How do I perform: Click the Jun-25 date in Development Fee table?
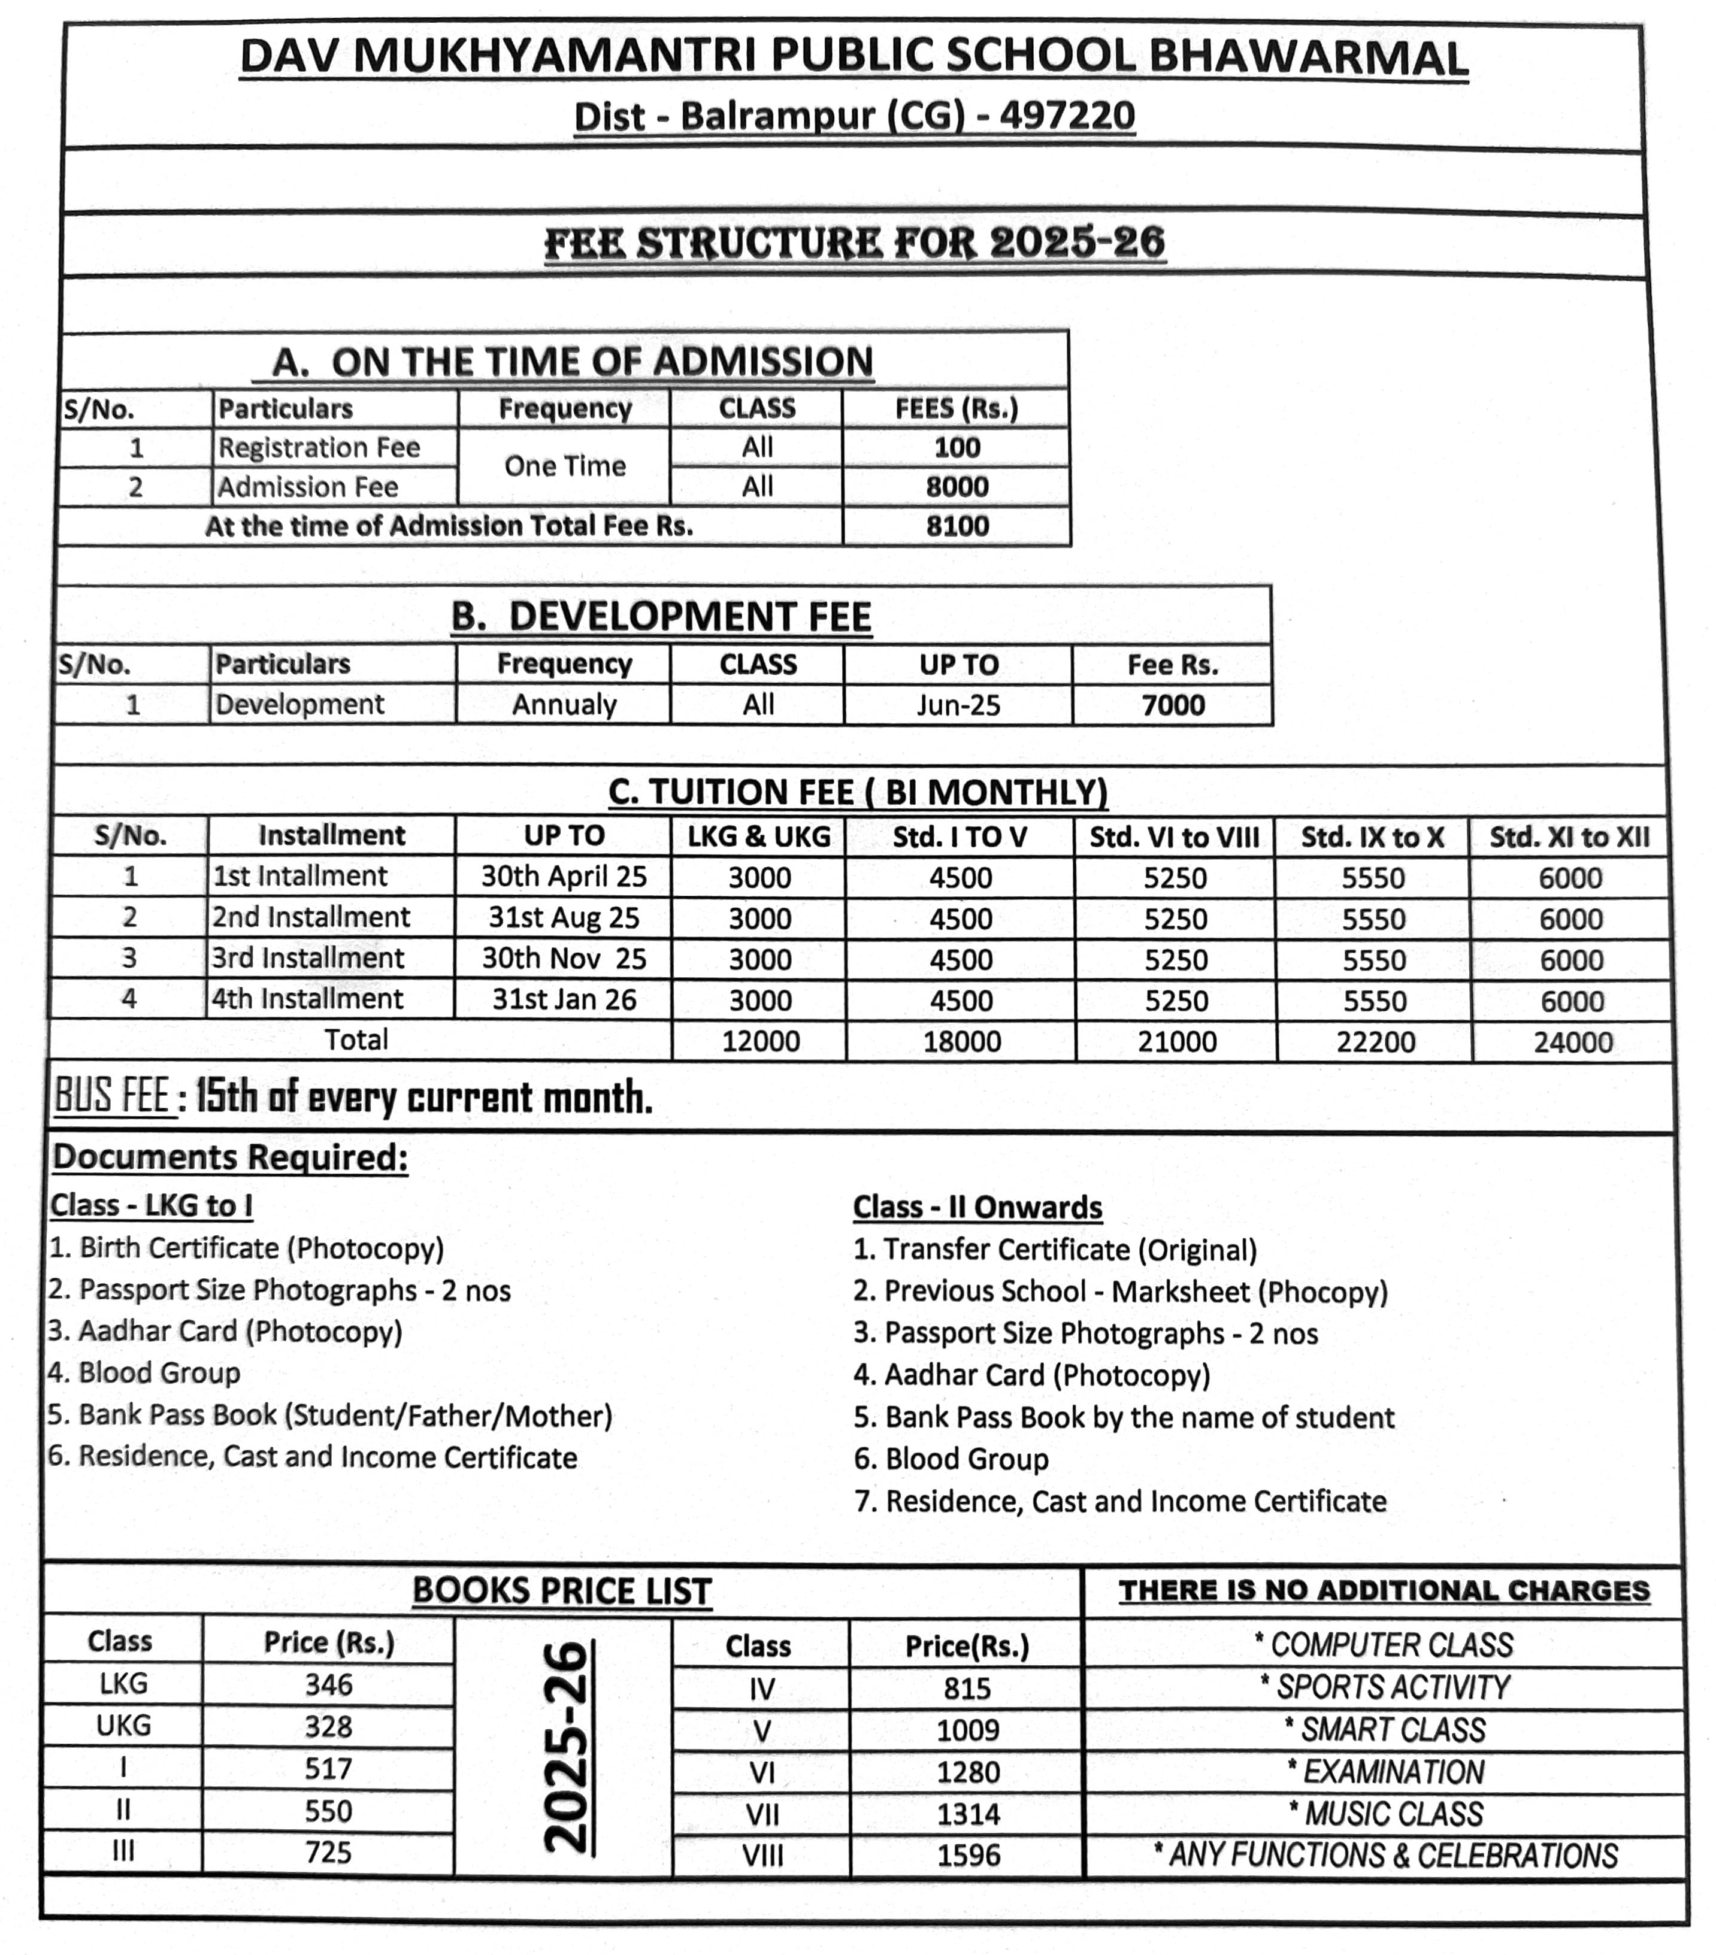click(x=958, y=705)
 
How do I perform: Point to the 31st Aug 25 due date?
click(x=564, y=917)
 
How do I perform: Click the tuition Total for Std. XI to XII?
click(x=1572, y=1042)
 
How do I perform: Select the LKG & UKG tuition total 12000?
click(x=761, y=1041)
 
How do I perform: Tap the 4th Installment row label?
click(x=307, y=999)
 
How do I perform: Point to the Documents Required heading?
click(x=229, y=1157)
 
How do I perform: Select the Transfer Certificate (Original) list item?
click(x=1055, y=1250)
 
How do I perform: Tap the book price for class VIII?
click(x=967, y=1856)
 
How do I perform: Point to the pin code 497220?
click(x=1067, y=116)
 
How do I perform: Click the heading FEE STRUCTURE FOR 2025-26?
click(x=854, y=243)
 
